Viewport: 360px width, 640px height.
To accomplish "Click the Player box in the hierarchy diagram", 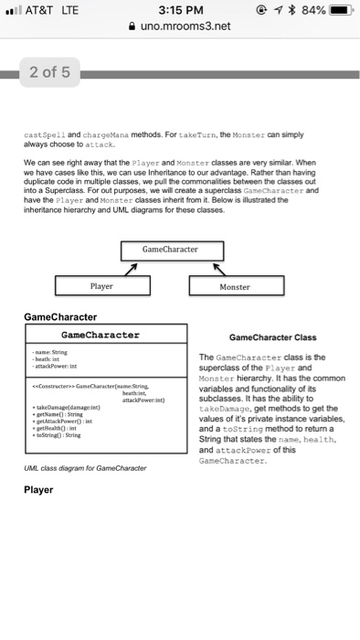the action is [x=101, y=286].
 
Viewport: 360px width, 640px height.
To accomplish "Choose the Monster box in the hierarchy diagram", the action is [x=234, y=286].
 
